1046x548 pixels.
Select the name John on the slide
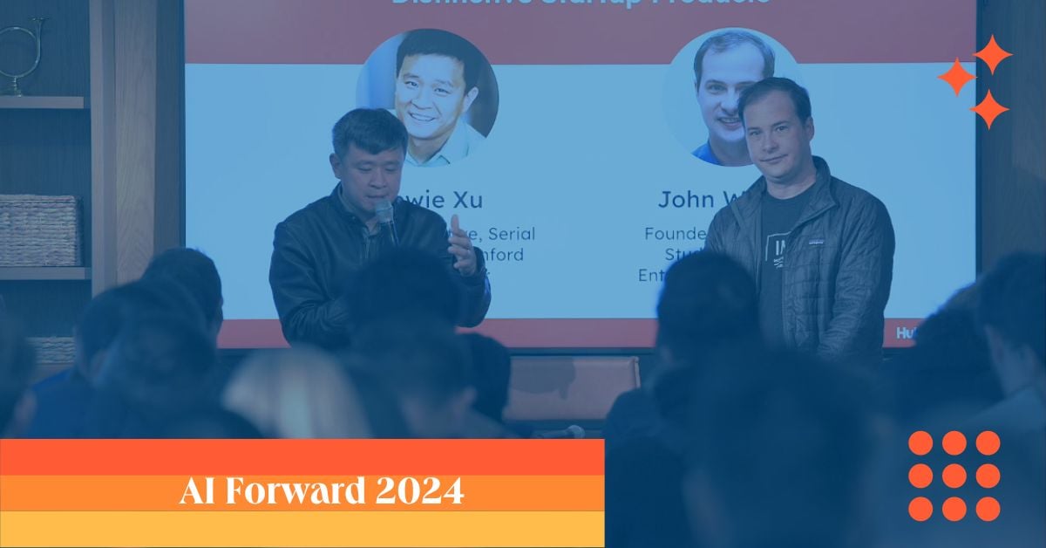[x=685, y=199]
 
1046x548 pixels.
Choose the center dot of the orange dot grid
[x=954, y=476]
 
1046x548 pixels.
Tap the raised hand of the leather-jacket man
[x=462, y=245]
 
